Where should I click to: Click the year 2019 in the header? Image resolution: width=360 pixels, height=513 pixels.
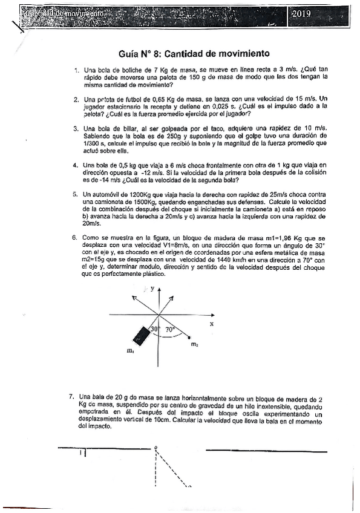(301, 13)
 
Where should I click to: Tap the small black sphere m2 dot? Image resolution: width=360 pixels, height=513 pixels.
(191, 337)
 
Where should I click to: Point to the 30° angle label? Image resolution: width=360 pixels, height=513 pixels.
(154, 330)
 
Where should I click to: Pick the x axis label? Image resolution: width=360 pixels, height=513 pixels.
(212, 324)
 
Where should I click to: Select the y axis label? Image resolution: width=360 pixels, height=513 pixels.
(152, 289)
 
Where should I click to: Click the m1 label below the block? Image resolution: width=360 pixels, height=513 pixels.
(131, 350)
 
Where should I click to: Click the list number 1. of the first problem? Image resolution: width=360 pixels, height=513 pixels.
(76, 70)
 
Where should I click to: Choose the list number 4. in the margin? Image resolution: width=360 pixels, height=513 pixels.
(75, 165)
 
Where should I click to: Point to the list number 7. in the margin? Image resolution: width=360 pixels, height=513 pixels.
(73, 396)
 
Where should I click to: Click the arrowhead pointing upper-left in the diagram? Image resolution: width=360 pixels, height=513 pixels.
(144, 293)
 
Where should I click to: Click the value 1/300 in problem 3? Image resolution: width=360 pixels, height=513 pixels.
(92, 143)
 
